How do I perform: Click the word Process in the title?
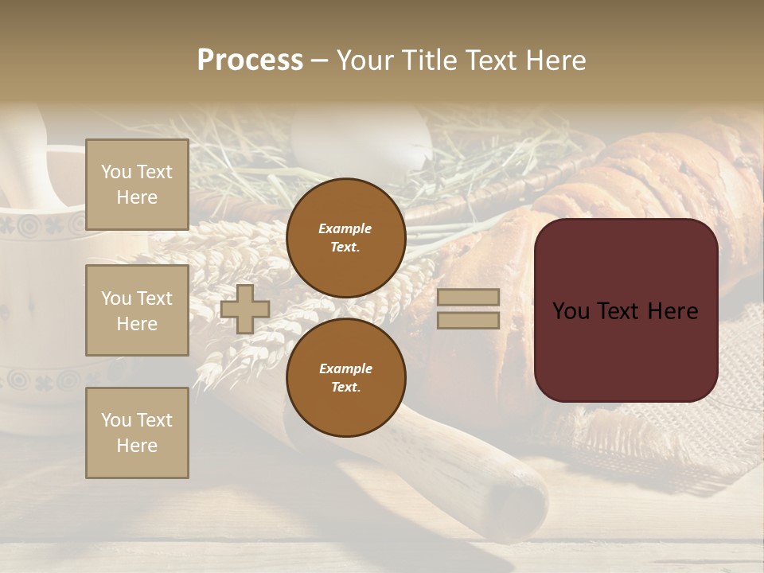(250, 60)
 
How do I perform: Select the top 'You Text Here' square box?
(137, 185)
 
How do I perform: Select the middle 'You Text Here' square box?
(137, 310)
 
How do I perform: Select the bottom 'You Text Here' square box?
(137, 433)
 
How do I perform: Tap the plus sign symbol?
(245, 309)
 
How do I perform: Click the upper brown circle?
(345, 237)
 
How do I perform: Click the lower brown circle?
(345, 377)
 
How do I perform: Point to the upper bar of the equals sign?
(468, 297)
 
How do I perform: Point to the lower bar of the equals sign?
(468, 320)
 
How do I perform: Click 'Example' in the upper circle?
(345, 228)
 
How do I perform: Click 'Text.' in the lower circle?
(345, 388)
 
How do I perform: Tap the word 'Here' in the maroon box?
(672, 311)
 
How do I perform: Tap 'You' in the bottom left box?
(115, 420)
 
